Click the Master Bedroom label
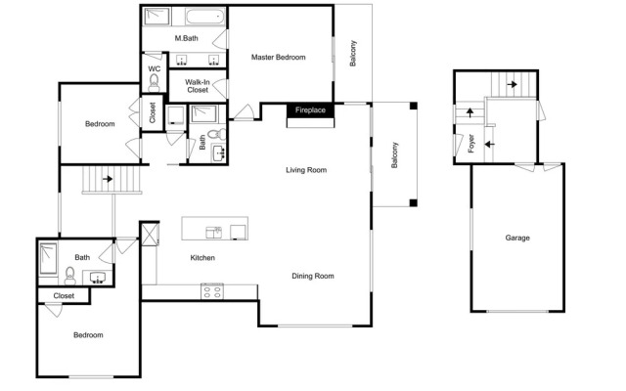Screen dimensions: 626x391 tap(278, 57)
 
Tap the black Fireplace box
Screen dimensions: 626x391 tap(310, 110)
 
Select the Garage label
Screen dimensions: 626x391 tap(517, 238)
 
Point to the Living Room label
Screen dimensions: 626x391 tap(306, 170)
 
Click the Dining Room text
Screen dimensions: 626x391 tap(313, 276)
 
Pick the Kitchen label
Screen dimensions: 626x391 tap(202, 258)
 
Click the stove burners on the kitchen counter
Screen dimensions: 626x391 tap(212, 291)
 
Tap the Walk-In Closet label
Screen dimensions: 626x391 tap(198, 86)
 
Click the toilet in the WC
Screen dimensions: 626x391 tap(154, 83)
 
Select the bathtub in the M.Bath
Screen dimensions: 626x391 tap(204, 18)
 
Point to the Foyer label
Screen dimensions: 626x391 tap(471, 144)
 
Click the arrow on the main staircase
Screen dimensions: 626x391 tap(108, 179)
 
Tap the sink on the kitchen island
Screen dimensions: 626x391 tap(213, 233)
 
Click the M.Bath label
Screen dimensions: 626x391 tap(187, 38)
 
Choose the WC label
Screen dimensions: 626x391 tap(155, 68)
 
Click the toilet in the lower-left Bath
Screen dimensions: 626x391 tap(69, 276)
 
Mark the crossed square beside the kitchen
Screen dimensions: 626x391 tap(151, 235)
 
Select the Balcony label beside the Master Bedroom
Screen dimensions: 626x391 tap(353, 53)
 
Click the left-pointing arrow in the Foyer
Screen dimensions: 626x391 tap(489, 144)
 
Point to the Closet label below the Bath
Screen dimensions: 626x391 tap(64, 296)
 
